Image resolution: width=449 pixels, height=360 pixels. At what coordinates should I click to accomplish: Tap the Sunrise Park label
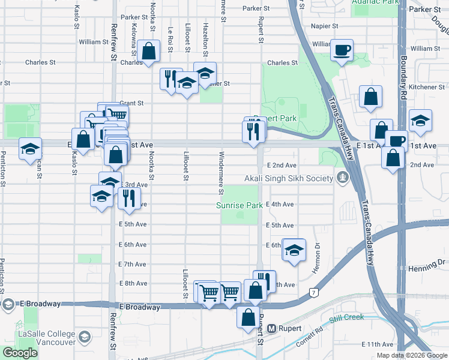coord(240,205)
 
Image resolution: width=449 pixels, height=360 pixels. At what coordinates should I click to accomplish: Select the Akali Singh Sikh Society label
coord(288,179)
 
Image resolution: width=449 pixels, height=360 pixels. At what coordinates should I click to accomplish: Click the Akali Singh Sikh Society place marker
coord(342,178)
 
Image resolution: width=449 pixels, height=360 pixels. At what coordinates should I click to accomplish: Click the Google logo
coord(19,353)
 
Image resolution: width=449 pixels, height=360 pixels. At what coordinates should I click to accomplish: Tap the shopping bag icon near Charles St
coord(148,52)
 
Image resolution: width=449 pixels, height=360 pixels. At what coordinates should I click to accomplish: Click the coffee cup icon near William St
coord(342,50)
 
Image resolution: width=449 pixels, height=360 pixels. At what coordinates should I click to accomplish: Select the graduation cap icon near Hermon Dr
coord(294,251)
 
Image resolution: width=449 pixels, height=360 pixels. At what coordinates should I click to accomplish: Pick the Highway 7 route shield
coord(313,292)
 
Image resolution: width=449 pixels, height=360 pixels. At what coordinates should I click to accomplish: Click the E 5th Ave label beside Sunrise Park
coord(280,225)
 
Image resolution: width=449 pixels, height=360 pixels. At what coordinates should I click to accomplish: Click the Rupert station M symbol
coord(272,329)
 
